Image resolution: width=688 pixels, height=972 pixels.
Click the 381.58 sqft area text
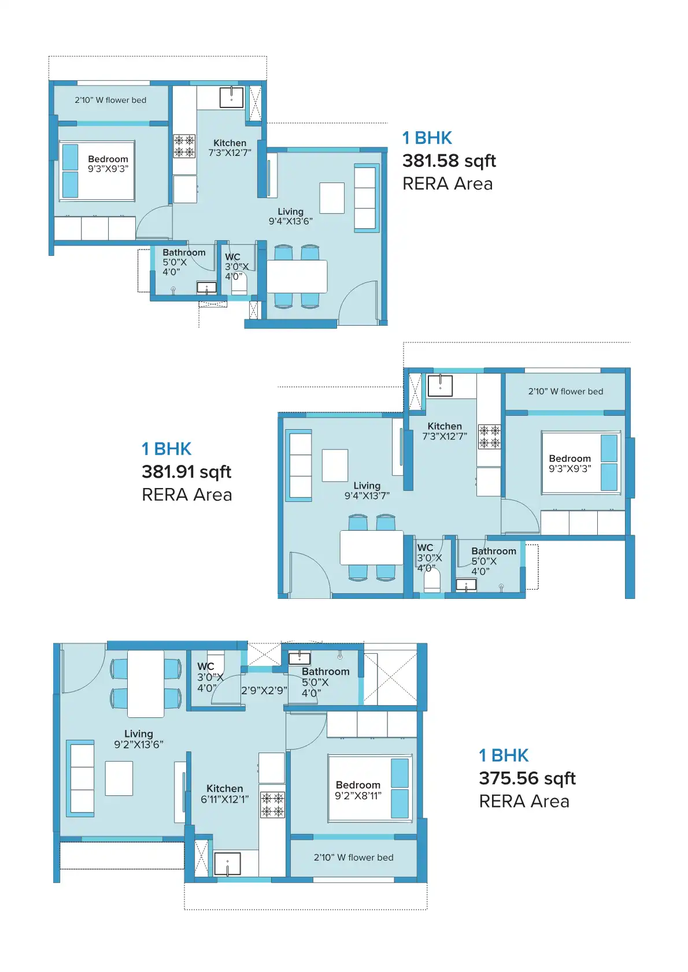click(449, 161)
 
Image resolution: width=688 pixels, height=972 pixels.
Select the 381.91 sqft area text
click(186, 472)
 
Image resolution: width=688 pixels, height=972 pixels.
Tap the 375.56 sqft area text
click(527, 779)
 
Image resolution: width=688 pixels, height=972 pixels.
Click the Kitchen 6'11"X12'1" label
click(224, 794)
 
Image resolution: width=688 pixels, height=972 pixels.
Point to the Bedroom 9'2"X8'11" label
click(358, 790)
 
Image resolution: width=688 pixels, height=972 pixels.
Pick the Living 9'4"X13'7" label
click(367, 491)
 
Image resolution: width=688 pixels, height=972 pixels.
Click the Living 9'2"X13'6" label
click(139, 739)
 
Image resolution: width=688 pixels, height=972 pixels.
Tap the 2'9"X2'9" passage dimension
click(264, 690)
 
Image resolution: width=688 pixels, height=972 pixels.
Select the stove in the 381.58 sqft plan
click(184, 146)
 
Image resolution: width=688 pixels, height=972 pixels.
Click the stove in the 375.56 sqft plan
click(273, 805)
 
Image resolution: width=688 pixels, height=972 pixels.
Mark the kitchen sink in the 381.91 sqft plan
click(440, 385)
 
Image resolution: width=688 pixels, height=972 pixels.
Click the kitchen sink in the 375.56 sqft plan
click(227, 863)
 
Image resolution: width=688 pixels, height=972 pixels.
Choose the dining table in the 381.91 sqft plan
click(372, 548)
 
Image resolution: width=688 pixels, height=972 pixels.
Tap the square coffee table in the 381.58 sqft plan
click(332, 198)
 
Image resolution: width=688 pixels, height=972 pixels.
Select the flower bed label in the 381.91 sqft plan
click(565, 392)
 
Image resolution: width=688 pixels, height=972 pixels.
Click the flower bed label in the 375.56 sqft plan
click(354, 858)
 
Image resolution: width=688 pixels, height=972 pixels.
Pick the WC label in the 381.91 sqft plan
click(425, 548)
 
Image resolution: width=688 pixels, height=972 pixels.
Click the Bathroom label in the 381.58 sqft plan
click(184, 252)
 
